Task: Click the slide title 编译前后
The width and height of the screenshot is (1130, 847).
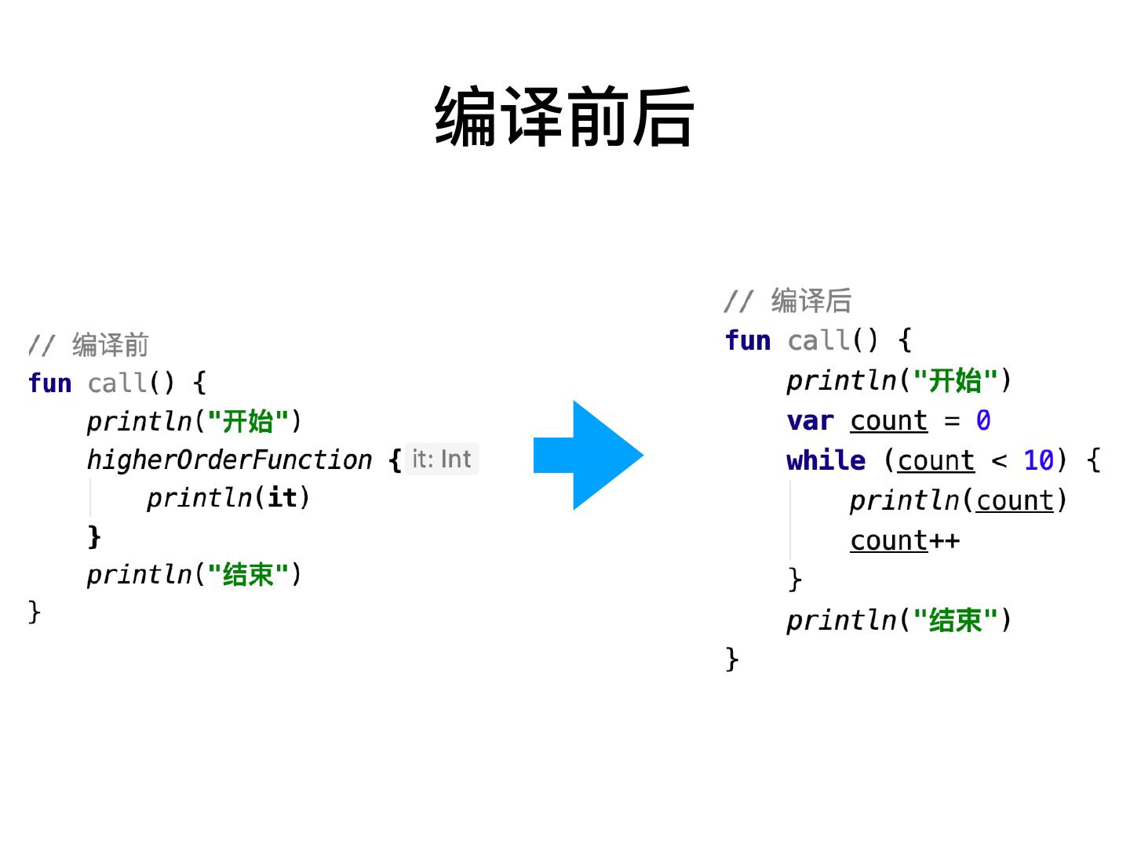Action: point(564,118)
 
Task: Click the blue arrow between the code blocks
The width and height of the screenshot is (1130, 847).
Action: point(589,456)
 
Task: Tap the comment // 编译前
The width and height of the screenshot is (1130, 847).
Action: point(89,345)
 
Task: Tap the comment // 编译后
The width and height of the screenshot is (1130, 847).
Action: point(787,301)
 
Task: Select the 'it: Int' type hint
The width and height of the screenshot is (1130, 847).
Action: point(442,459)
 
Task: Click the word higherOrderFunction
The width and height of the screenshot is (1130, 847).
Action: point(229,460)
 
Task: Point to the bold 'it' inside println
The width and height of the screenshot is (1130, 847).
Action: point(282,498)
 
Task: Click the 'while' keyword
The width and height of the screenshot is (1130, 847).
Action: point(826,460)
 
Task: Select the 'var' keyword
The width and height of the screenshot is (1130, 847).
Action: point(810,421)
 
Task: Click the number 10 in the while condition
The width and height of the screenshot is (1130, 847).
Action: point(1038,460)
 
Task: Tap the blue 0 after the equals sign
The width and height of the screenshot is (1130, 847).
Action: point(983,421)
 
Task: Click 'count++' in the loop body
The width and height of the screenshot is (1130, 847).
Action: point(905,541)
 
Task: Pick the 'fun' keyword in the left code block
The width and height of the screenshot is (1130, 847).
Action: point(49,384)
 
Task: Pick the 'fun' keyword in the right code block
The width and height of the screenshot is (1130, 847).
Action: point(748,340)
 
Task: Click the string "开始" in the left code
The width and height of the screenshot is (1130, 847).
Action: point(248,422)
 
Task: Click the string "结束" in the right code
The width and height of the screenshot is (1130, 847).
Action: point(955,620)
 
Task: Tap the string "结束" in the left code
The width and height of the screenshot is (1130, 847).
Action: point(248,575)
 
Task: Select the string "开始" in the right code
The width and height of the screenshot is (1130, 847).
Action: point(955,381)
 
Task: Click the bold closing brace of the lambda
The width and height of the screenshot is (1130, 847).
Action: point(94,536)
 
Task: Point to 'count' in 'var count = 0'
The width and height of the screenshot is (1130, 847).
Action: point(888,421)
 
